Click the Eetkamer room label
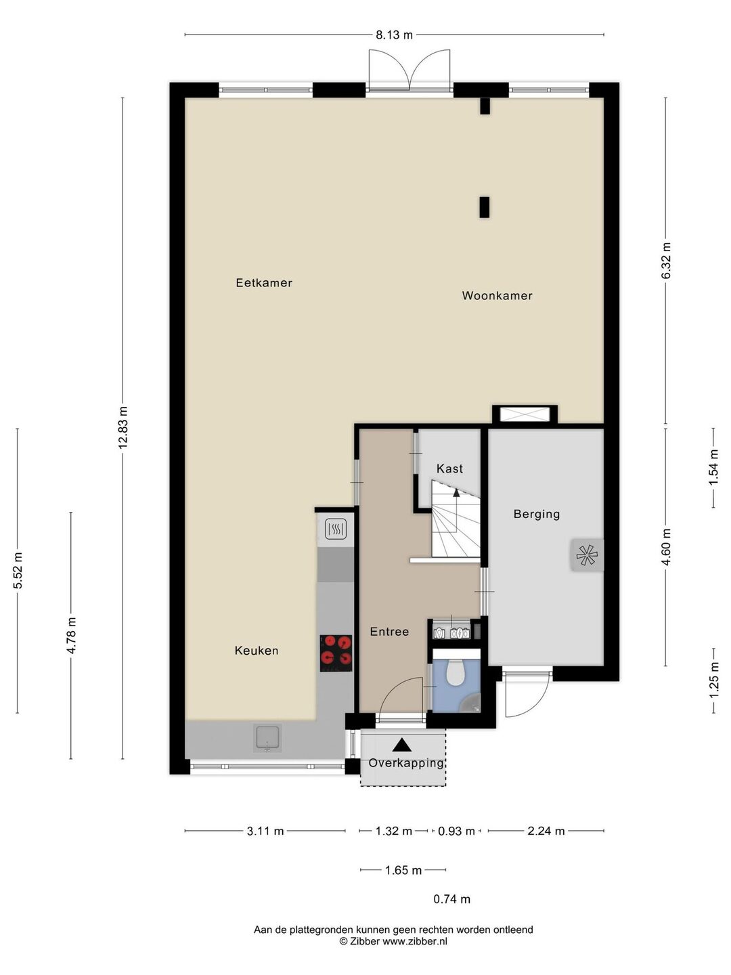(264, 283)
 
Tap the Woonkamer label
(497, 296)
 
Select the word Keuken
(256, 651)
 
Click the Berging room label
(536, 515)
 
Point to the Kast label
(449, 469)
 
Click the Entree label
(389, 632)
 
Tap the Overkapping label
(406, 764)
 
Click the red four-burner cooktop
(336, 653)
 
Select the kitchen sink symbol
(267, 738)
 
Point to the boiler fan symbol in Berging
(587, 555)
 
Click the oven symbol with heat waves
(336, 529)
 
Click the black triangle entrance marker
(401, 745)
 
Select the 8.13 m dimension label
(394, 35)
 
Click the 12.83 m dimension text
(123, 427)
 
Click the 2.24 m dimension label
(546, 831)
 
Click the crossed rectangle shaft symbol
(525, 414)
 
